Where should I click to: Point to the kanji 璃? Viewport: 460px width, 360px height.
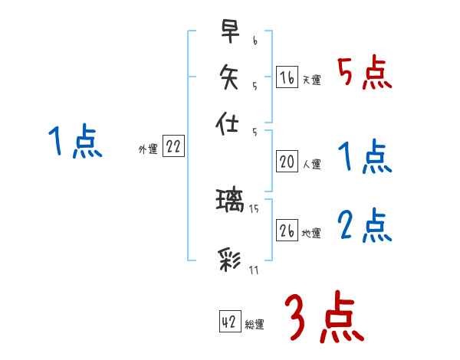[230, 201]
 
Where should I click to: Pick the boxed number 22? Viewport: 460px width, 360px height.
[173, 148]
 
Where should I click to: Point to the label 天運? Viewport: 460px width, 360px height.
[311, 80]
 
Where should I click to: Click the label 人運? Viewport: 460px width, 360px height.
[311, 164]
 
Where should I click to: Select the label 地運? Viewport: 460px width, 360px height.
[311, 233]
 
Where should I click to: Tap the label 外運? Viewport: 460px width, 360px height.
[148, 150]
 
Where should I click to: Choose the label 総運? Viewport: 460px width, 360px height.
[255, 325]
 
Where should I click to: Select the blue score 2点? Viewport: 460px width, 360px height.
[364, 226]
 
